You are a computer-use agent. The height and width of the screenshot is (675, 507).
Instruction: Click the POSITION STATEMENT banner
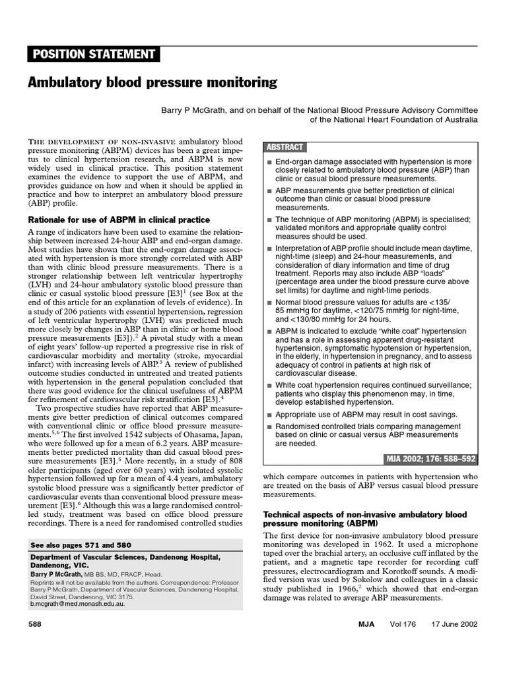point(92,54)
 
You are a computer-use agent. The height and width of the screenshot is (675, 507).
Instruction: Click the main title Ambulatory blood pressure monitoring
point(152,83)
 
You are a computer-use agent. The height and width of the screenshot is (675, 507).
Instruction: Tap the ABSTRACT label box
point(284,147)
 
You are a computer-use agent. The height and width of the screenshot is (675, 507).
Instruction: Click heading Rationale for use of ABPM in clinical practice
point(119,220)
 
